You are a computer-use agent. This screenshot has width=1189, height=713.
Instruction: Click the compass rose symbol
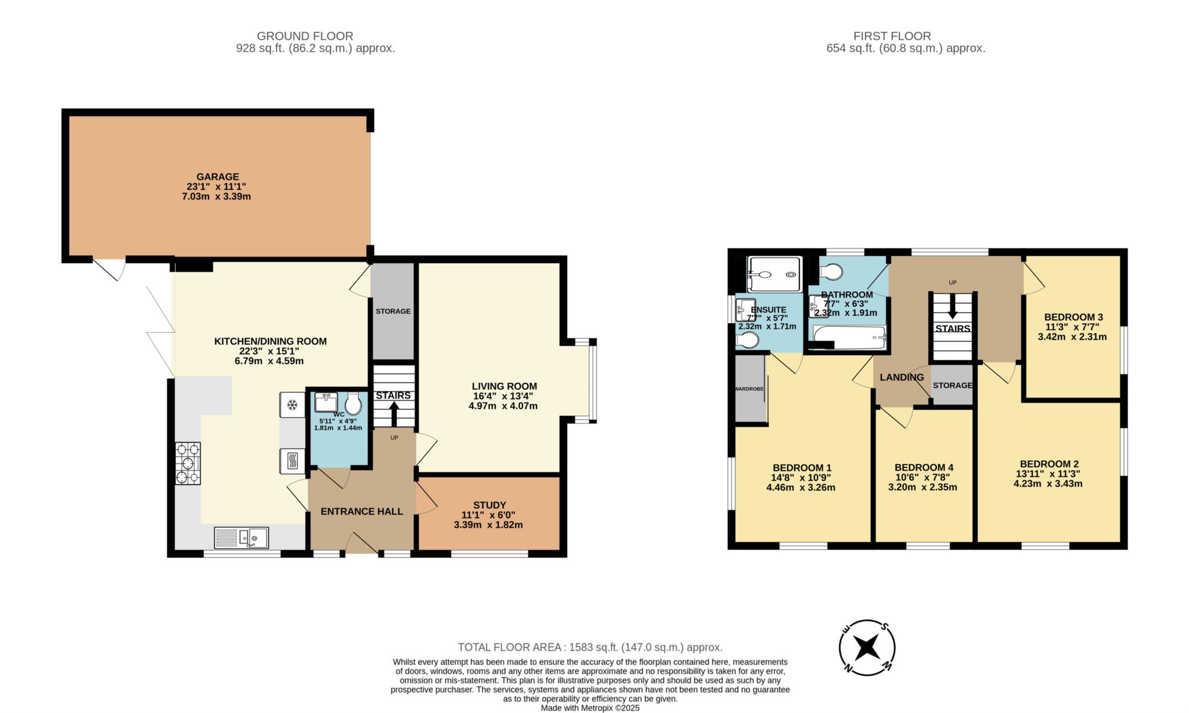pyautogui.click(x=867, y=647)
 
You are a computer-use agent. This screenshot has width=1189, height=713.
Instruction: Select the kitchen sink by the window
pyautogui.click(x=242, y=538)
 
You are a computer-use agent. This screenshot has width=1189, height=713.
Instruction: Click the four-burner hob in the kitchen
pyautogui.click(x=188, y=464)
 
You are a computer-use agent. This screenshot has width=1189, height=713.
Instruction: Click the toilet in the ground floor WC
pyautogui.click(x=353, y=404)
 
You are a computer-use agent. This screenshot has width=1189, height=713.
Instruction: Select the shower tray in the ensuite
pyautogui.click(x=774, y=274)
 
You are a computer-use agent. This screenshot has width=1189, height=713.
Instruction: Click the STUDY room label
pyautogui.click(x=489, y=505)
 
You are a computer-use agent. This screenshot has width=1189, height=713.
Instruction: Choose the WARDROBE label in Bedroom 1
pyautogui.click(x=749, y=389)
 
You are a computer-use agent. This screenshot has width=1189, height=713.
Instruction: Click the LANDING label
pyautogui.click(x=902, y=377)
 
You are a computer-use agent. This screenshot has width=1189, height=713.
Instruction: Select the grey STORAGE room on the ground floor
pyautogui.click(x=393, y=312)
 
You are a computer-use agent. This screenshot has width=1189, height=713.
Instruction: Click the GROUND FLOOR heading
pyautogui.click(x=305, y=36)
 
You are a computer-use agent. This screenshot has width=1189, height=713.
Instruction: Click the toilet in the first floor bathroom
pyautogui.click(x=831, y=272)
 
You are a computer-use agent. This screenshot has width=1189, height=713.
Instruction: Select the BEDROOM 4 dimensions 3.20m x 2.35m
pyautogui.click(x=923, y=487)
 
